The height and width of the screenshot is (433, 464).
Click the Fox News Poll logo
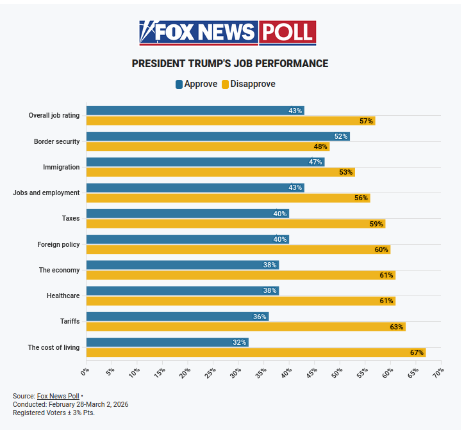(x=228, y=32)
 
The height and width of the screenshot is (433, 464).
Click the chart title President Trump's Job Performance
(x=229, y=64)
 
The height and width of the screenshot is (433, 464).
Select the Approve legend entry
(x=196, y=84)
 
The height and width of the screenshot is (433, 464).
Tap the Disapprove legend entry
(x=248, y=84)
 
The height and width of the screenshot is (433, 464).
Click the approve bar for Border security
(x=218, y=136)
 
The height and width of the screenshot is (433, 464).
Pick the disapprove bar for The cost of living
(x=256, y=352)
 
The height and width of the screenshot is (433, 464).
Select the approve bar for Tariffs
(x=178, y=317)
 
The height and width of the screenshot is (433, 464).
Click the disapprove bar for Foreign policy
(x=238, y=249)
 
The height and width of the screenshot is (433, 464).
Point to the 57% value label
(x=366, y=121)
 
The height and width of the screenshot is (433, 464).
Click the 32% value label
(x=239, y=342)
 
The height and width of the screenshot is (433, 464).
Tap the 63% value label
(x=396, y=327)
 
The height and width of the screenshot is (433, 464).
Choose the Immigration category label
(x=62, y=167)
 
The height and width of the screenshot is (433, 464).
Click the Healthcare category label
(x=63, y=296)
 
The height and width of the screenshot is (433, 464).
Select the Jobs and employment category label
(x=46, y=193)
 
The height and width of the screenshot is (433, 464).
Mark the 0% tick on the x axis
(x=85, y=371)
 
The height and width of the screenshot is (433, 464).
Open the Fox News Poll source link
(x=58, y=396)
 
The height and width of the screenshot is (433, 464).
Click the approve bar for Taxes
(x=187, y=214)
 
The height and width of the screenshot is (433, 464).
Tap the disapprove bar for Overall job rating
(x=230, y=121)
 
